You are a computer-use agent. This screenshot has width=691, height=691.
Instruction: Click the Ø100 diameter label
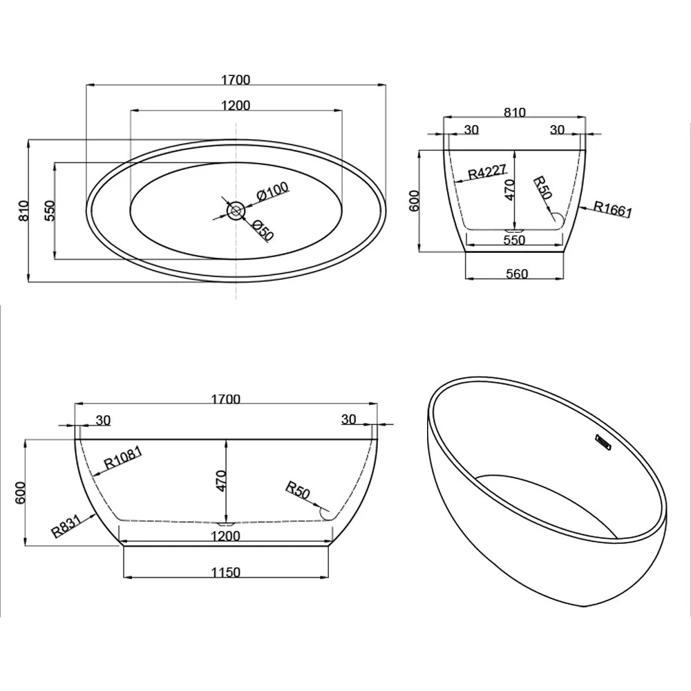coord(273,191)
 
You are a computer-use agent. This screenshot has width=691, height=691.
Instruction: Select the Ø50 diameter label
coord(263,229)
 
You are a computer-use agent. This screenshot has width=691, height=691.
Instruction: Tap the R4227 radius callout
coord(487,171)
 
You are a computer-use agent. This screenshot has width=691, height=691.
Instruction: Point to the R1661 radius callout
coord(612,209)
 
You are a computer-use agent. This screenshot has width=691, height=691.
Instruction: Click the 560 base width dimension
coord(516,274)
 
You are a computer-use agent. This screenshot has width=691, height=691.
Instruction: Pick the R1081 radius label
coord(122,457)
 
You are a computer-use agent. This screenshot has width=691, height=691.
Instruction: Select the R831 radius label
coord(66,526)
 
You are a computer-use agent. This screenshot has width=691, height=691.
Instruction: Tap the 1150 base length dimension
coord(226,572)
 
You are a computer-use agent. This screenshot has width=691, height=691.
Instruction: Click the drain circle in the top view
coord(236,211)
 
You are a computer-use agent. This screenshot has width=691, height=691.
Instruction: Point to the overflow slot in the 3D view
coord(603,442)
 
